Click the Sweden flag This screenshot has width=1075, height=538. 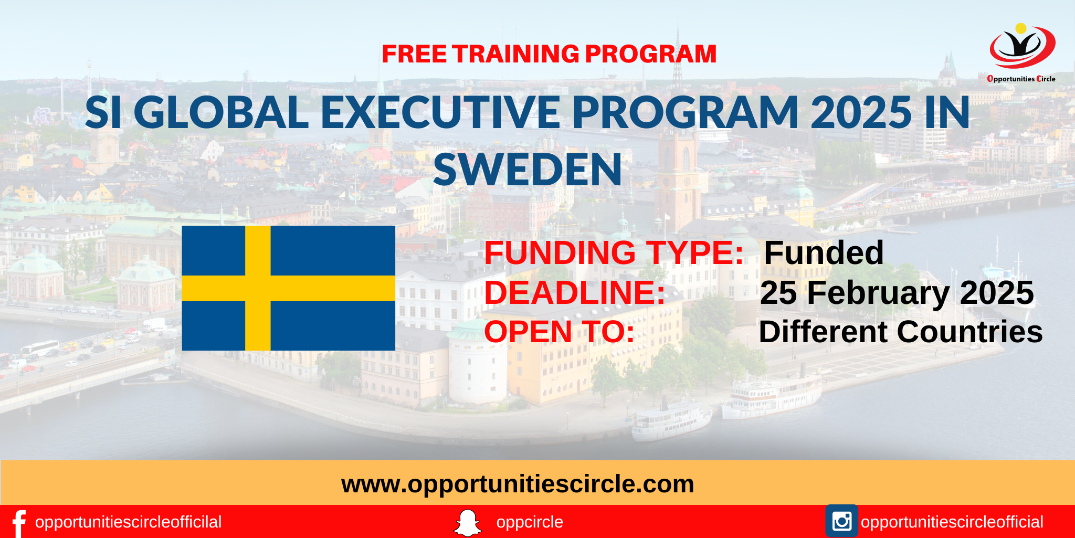288,288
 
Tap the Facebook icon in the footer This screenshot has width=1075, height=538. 19,523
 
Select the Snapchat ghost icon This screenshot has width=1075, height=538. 467,523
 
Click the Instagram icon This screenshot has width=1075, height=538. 841,521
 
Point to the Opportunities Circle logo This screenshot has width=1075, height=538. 1021,52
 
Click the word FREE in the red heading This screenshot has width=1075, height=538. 414,54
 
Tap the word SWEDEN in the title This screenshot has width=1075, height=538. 528,170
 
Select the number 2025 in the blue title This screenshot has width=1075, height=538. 861,113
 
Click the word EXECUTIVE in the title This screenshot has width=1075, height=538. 440,113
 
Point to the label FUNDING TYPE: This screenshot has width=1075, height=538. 614,252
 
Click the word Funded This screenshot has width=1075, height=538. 824,252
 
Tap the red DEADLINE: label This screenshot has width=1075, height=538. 575,292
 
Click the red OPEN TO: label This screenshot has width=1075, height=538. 559,332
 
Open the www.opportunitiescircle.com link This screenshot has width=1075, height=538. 518,483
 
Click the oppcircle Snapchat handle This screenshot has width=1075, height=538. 529,522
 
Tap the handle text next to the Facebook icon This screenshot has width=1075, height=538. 128,522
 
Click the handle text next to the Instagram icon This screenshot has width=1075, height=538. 952,522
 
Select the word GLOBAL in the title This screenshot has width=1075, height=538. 225,113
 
